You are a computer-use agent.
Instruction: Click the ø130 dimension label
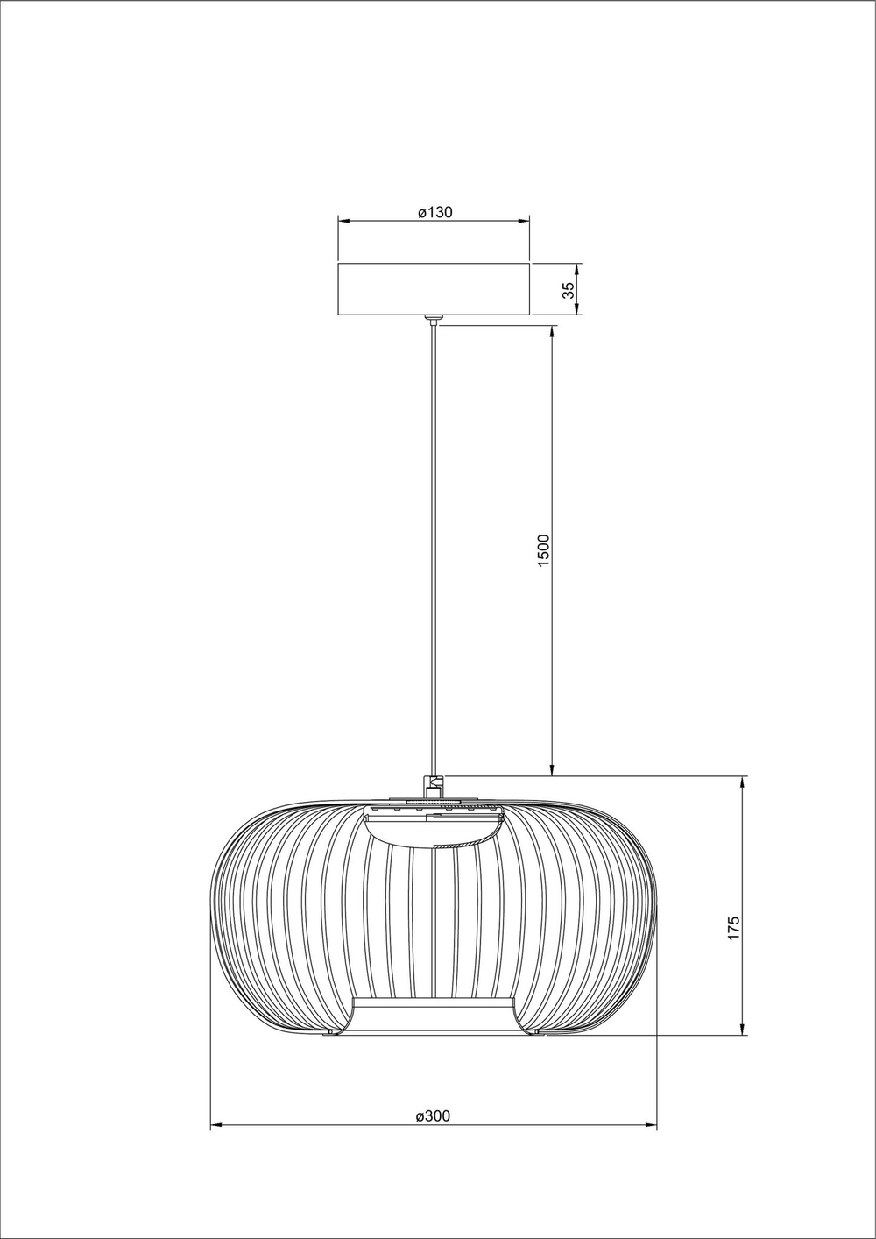[x=434, y=212]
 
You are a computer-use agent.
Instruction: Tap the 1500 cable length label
[x=543, y=550]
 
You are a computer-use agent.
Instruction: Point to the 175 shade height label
[x=734, y=928]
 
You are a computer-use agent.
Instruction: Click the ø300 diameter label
[x=434, y=1115]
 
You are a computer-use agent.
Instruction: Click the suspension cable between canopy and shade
[x=433, y=543]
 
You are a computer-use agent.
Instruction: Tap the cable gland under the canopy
[x=433, y=320]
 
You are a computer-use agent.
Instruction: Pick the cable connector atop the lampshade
[x=433, y=785]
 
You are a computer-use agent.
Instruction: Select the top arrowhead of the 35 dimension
[x=577, y=267]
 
